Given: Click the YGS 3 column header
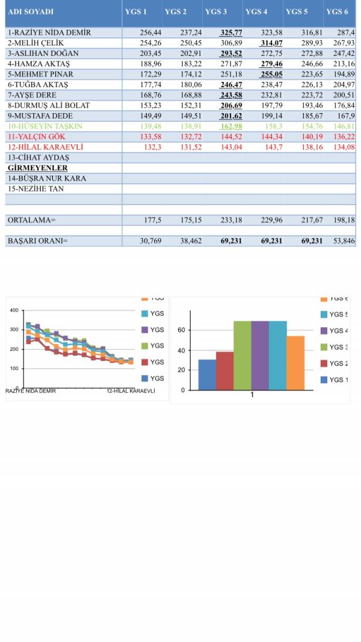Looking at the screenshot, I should [216, 12].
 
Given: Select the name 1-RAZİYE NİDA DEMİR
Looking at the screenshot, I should [49, 32].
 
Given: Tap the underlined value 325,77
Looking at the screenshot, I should [231, 32].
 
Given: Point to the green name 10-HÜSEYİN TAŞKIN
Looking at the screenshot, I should [45, 126].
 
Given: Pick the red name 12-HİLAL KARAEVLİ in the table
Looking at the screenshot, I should [45, 147].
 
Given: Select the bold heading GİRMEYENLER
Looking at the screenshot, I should [37, 168].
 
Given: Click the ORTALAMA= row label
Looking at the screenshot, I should [31, 221].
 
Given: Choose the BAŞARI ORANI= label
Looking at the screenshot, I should [37, 241].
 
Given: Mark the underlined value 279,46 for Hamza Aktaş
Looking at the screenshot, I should [271, 64].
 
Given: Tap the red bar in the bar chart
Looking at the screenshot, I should [224, 371].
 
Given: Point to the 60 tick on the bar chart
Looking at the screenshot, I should [181, 330].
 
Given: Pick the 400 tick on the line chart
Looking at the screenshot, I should [14, 310].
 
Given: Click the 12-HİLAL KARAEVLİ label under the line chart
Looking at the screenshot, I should [131, 390].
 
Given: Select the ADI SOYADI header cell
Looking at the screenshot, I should [31, 12].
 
